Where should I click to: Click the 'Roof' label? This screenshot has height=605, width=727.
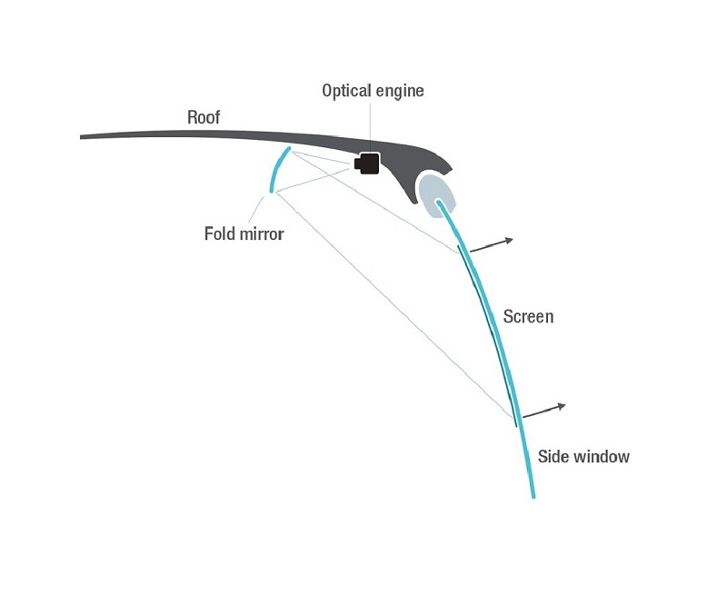coord(203,117)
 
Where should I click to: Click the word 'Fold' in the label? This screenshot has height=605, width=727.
coord(219,233)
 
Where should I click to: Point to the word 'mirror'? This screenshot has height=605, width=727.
coord(262,233)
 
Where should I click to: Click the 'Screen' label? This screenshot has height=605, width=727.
coord(528,317)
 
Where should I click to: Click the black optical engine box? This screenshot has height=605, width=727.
coord(367,164)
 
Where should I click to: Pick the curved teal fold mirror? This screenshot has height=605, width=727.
coord(277,168)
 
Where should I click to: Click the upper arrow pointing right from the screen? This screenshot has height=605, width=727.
coord(492,245)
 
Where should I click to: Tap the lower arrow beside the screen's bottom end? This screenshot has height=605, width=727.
coord(543,411)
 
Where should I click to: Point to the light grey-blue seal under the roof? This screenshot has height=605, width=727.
coord(436,194)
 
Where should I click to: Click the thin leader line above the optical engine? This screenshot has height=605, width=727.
coord(370,127)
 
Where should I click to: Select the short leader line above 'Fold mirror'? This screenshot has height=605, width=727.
coord(256,210)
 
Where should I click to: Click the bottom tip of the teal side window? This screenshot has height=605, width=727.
coord(533,497)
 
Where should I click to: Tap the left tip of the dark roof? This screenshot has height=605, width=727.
coord(81,137)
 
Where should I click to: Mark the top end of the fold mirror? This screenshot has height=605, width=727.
coord(289,148)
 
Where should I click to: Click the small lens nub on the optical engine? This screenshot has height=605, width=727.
coord(357,164)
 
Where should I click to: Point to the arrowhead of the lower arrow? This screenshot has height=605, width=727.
coord(562,406)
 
